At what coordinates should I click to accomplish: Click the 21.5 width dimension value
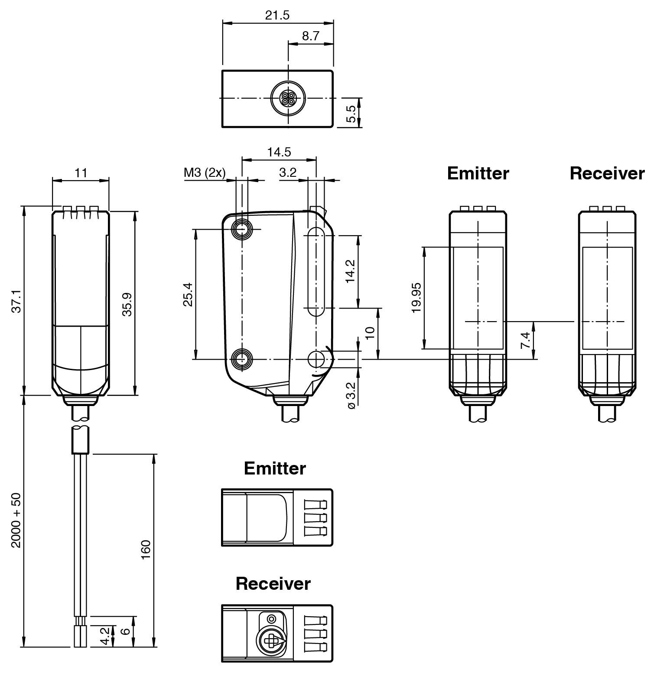tap(277, 15)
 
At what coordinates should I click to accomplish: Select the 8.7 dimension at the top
tap(310, 36)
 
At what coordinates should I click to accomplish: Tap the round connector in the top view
tap(288, 98)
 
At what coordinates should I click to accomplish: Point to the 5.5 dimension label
tap(351, 114)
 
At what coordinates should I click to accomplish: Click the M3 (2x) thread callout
tap(205, 173)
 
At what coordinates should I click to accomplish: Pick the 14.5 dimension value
tap(279, 152)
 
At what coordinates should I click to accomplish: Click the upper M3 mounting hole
tap(242, 228)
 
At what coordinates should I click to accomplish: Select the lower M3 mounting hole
tap(242, 359)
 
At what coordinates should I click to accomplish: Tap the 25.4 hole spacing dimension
tap(188, 294)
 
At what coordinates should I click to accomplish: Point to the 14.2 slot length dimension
tap(350, 271)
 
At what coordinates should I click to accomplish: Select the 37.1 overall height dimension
tap(16, 301)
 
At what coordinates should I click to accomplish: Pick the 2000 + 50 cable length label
tap(16, 520)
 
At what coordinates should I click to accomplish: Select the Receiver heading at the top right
tap(607, 173)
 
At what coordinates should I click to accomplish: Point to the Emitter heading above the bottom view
tap(275, 468)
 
